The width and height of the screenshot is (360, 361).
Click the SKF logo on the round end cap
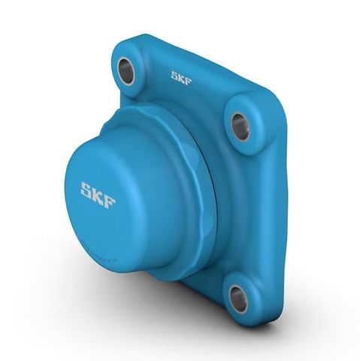(98, 195)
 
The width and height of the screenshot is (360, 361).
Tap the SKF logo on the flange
(181, 77)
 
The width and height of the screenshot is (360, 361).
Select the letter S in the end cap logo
(87, 190)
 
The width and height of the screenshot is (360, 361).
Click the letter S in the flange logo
(174, 75)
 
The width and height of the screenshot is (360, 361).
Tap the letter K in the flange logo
(181, 77)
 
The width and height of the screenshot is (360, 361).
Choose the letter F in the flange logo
(188, 79)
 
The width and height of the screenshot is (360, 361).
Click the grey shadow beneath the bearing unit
(188, 331)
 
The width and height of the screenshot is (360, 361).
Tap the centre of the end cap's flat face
(101, 197)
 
